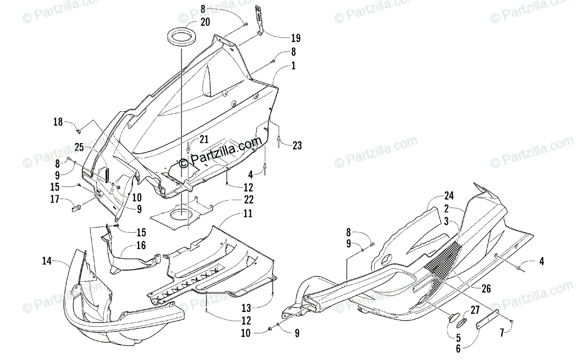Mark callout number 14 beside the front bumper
(47, 262)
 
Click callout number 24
(449, 196)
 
